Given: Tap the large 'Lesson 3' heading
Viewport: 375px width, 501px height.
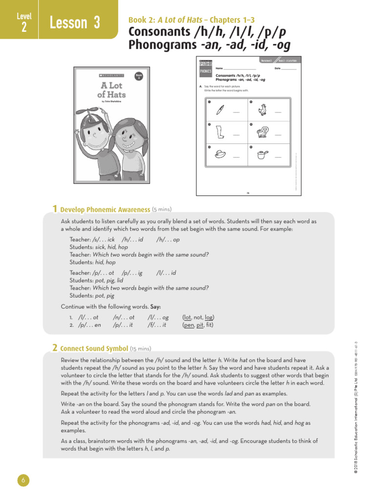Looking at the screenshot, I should point(75,23).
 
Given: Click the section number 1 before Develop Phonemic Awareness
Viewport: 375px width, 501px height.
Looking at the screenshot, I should point(55,209).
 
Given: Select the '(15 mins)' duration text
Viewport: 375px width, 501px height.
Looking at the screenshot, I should point(141,349).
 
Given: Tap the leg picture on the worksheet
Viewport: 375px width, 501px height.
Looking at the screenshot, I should point(220,132).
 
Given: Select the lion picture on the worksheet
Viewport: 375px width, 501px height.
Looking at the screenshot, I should point(262,132).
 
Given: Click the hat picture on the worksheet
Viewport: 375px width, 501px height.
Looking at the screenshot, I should point(220,154).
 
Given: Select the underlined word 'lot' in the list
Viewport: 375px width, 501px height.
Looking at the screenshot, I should point(187,318).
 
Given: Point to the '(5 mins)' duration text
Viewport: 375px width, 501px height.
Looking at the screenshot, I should point(162,209).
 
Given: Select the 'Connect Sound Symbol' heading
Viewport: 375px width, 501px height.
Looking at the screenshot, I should point(94,349).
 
